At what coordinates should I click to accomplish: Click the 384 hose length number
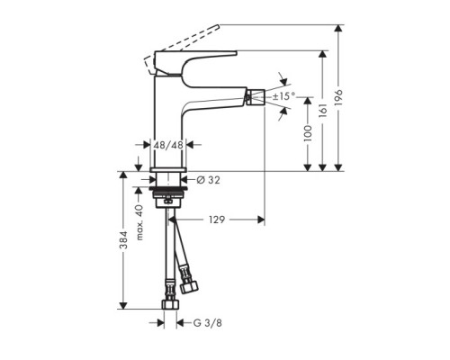130,241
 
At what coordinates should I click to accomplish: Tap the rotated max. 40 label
141,221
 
